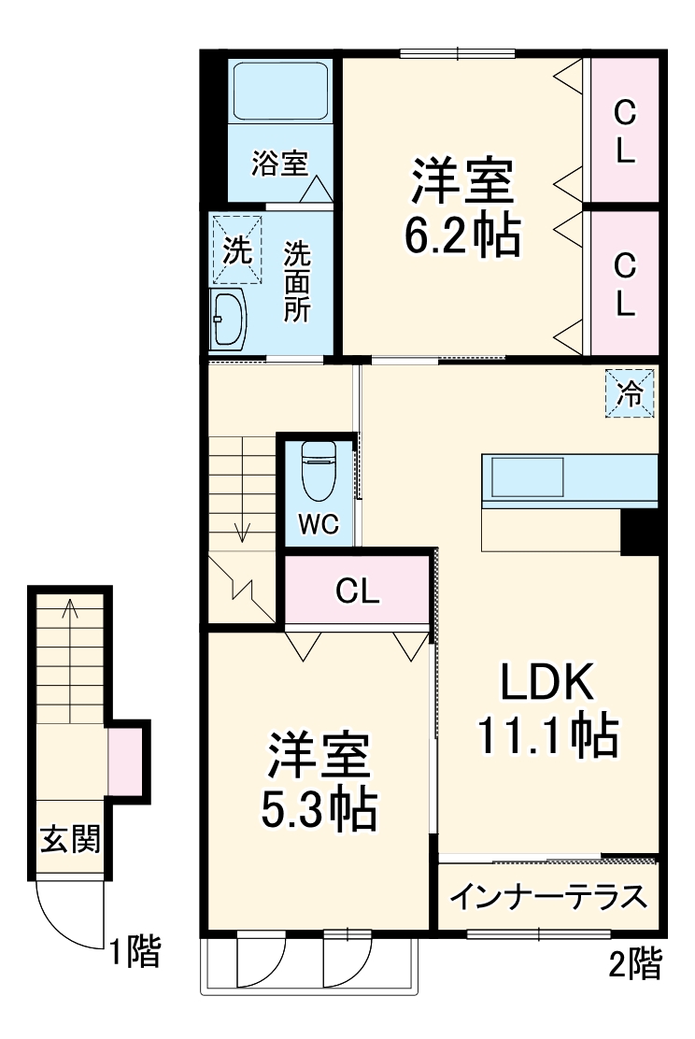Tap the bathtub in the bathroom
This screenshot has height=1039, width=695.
click(x=279, y=92)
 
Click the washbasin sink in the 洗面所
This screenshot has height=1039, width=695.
click(x=228, y=319)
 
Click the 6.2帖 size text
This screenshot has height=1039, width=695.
click(x=461, y=237)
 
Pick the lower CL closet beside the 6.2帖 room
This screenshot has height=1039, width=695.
click(x=624, y=283)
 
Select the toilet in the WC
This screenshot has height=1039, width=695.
click(x=319, y=469)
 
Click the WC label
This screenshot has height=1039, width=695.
click(x=318, y=524)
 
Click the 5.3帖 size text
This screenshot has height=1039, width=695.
click(x=319, y=810)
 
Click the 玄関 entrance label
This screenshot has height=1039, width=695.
click(x=69, y=838)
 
